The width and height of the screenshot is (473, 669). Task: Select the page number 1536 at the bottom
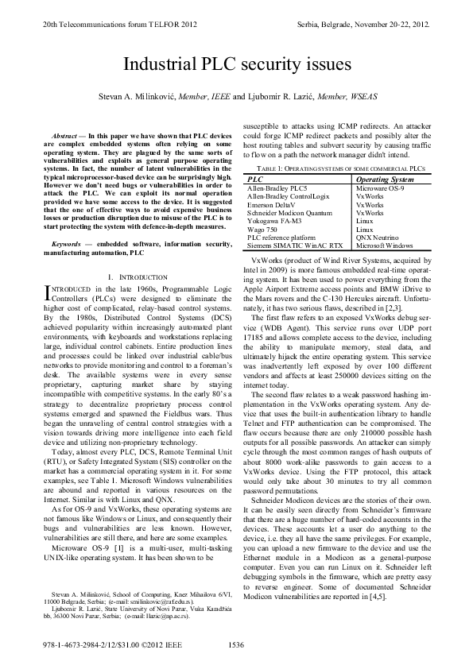(x=236, y=644)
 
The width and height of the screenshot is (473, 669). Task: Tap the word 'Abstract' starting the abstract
(x=64, y=137)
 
